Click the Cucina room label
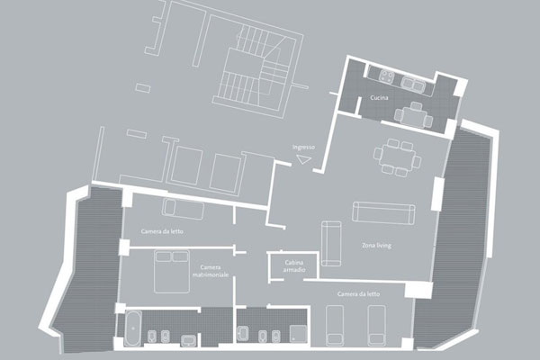(x=379, y=98)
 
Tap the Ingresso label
(x=303, y=147)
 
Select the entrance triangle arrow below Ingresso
(x=304, y=160)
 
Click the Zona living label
(x=376, y=246)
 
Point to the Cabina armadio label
(x=294, y=266)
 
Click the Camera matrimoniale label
(x=211, y=271)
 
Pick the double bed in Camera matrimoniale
(x=172, y=272)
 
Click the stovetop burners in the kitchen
(x=387, y=76)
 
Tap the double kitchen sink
(x=414, y=84)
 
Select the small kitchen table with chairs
(x=413, y=115)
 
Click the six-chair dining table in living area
(x=397, y=157)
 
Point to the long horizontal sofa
(x=383, y=213)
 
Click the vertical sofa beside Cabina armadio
(x=331, y=244)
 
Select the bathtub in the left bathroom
(x=132, y=328)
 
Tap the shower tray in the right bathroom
(x=298, y=334)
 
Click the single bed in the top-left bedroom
(x=183, y=209)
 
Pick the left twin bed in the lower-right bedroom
(x=335, y=325)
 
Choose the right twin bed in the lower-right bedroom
(x=376, y=325)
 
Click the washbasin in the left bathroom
(x=189, y=340)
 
